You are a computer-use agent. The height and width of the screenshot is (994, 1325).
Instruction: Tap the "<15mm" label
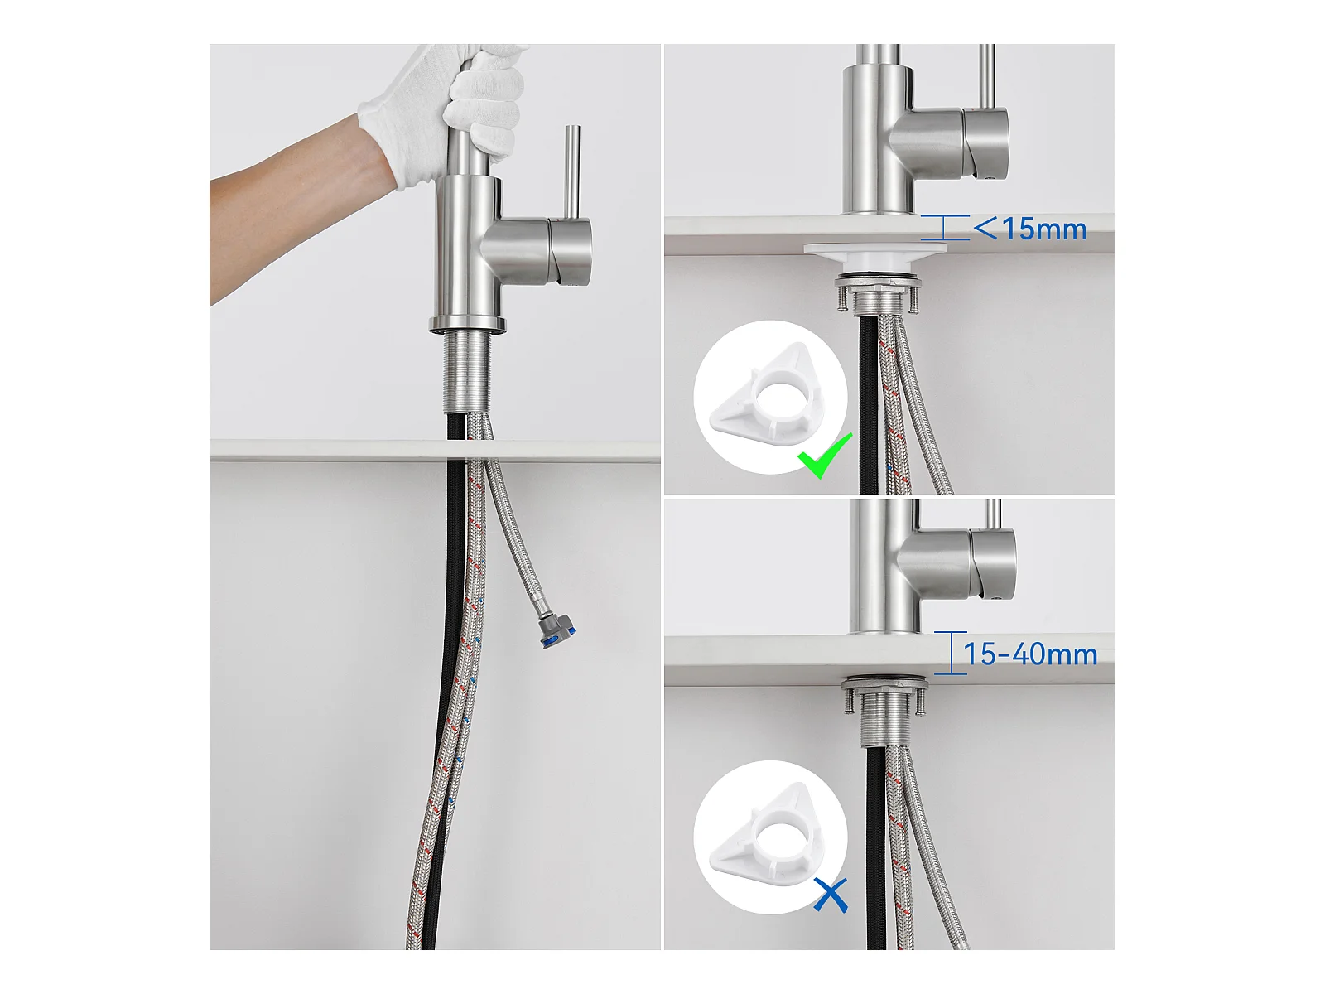(1030, 229)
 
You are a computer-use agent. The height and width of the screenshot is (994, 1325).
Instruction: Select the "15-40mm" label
(1030, 654)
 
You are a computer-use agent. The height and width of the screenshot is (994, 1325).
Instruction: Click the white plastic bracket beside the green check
(769, 396)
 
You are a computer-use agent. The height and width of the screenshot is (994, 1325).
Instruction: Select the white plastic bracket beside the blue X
(769, 836)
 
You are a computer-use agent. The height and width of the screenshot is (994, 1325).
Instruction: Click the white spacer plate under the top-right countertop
(876, 254)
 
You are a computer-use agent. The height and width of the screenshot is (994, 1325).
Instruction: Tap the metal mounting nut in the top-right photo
(877, 282)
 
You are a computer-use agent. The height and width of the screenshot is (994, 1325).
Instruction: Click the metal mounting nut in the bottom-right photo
(885, 685)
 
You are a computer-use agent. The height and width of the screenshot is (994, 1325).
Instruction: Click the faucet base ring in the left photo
(466, 324)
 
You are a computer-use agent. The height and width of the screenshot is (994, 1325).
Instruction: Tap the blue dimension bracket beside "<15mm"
(945, 228)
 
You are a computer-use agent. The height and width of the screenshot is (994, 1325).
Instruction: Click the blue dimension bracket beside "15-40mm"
(950, 653)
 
